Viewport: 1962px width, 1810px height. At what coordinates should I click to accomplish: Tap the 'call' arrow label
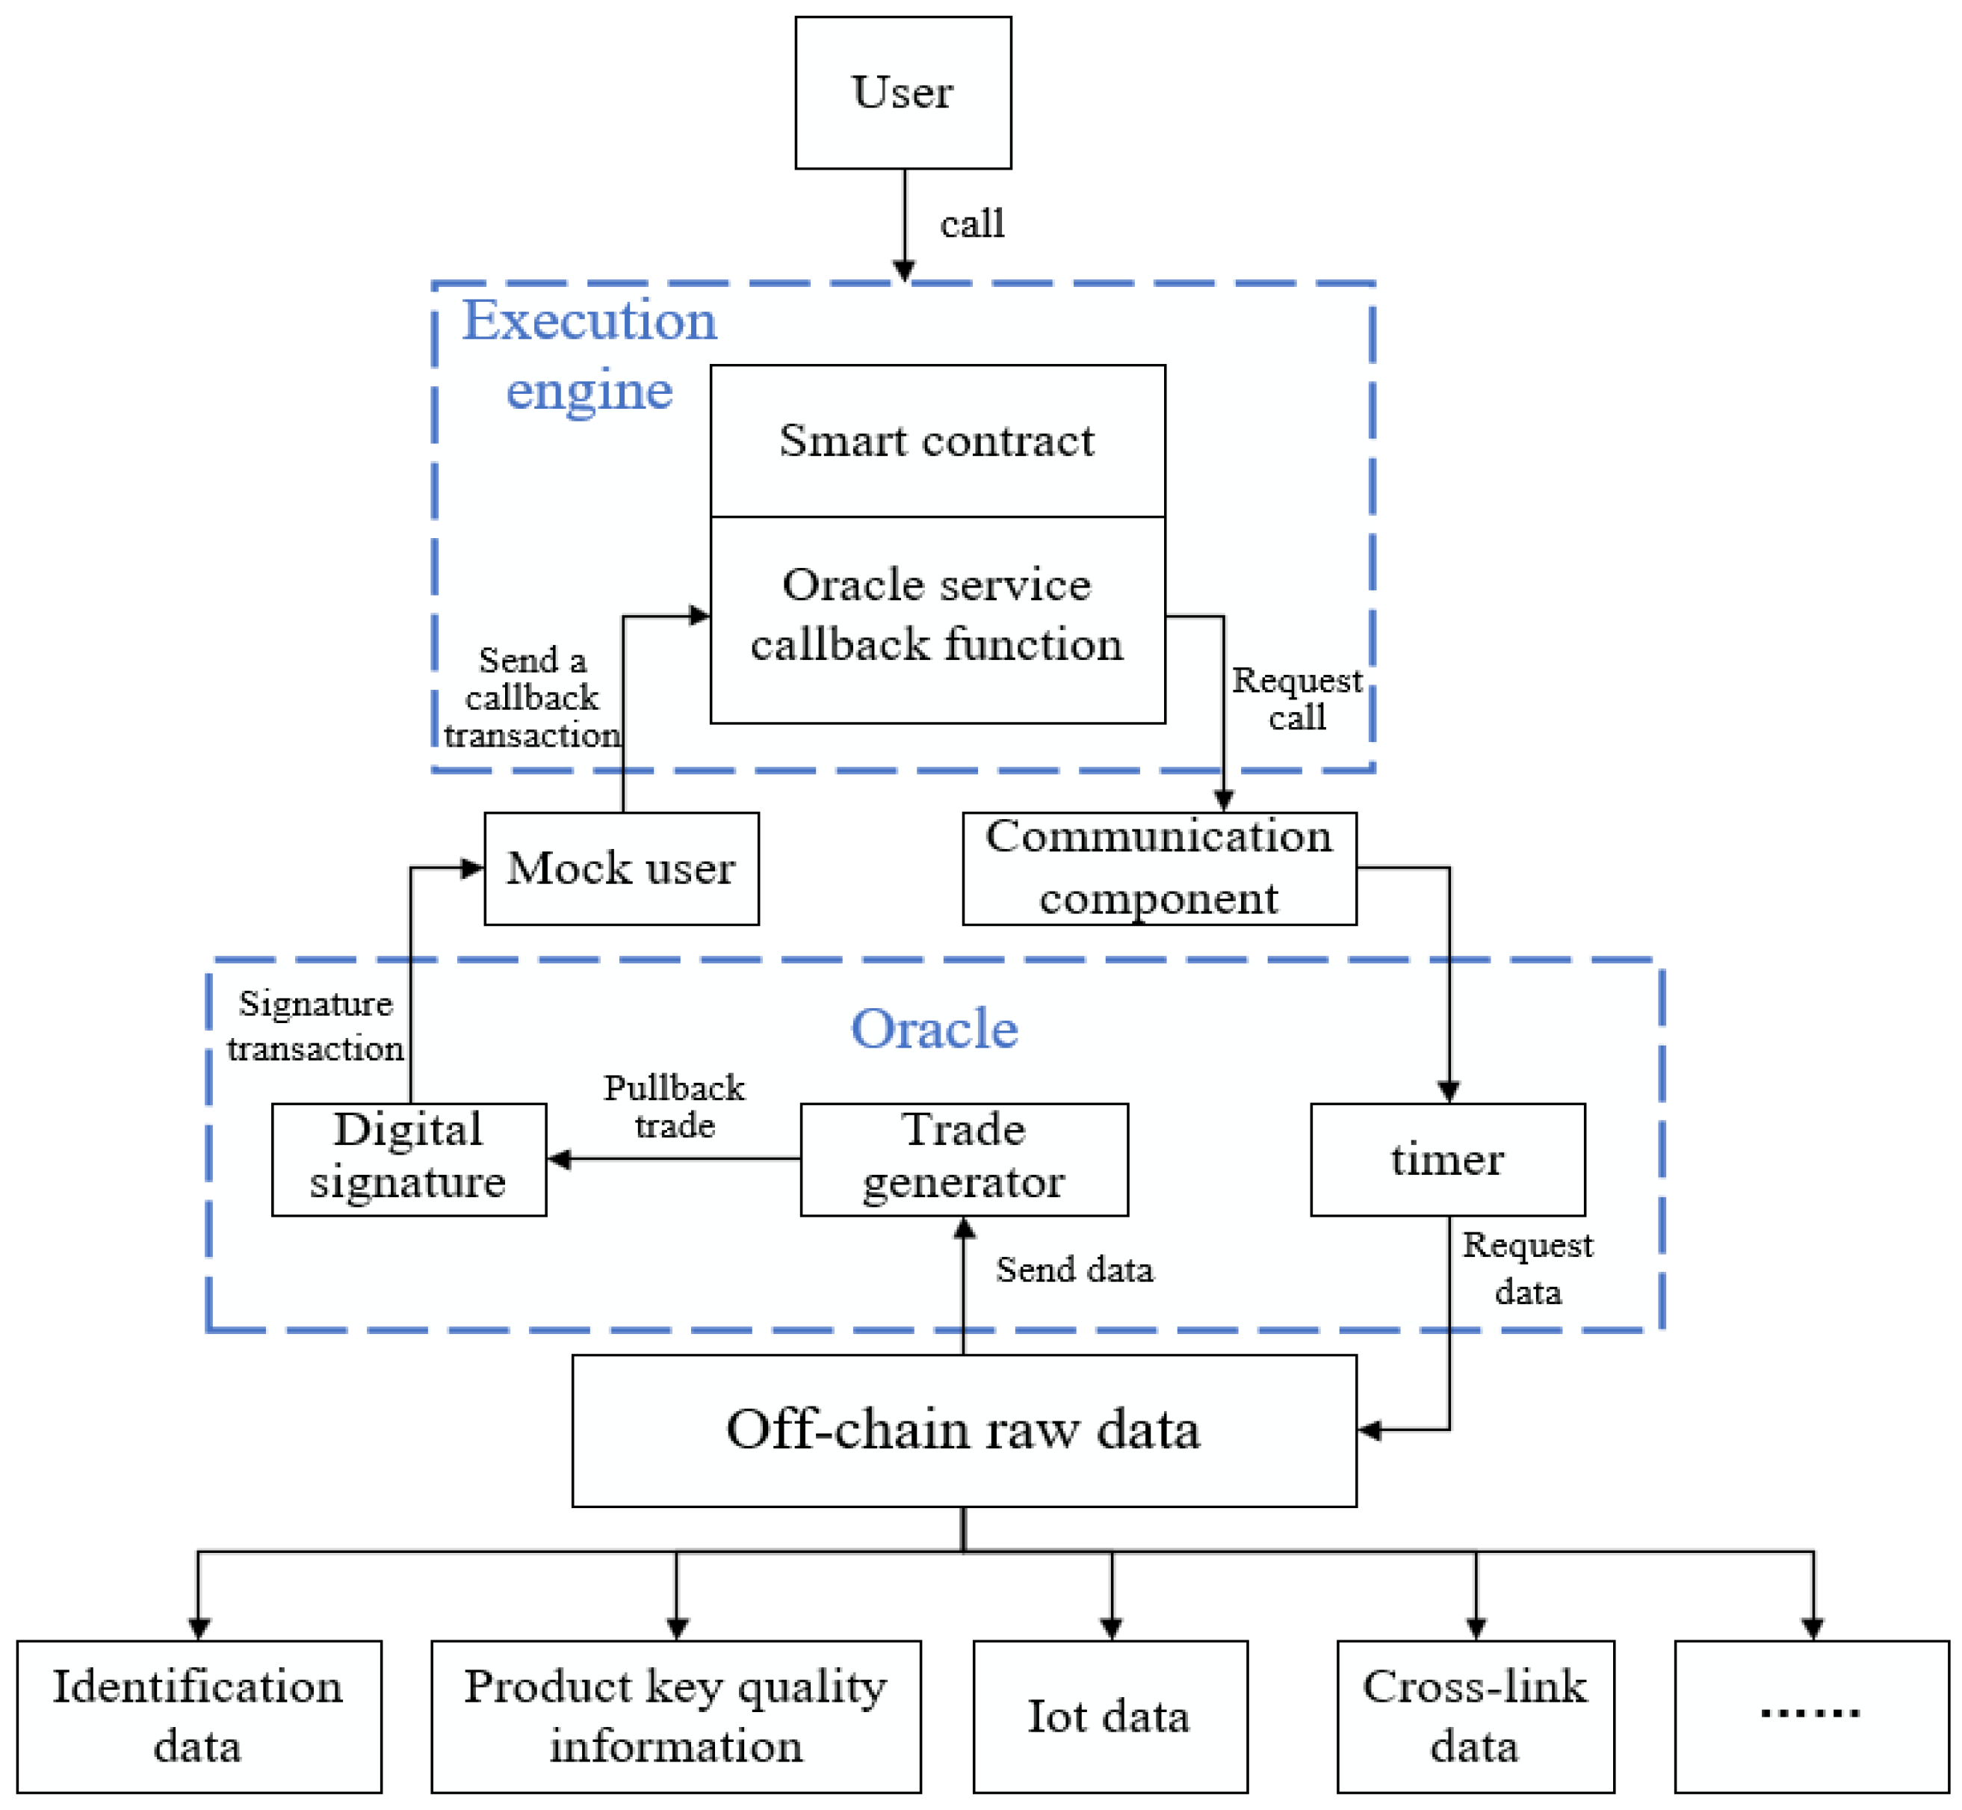971,224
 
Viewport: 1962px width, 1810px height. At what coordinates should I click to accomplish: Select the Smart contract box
937,441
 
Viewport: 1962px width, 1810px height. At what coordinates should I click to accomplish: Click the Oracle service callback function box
937,619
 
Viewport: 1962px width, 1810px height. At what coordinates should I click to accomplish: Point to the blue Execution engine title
589,354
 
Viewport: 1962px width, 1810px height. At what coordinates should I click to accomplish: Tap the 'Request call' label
1296,698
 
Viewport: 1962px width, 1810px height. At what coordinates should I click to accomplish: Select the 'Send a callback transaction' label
532,697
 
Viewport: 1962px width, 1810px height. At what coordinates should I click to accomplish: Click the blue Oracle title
934,1029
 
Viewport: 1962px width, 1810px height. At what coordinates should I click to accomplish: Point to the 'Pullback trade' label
674,1107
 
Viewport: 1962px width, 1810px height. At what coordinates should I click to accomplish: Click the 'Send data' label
1074,1270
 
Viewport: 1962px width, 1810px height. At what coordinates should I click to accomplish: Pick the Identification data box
199,1717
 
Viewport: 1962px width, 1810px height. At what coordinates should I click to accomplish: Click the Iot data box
1110,1717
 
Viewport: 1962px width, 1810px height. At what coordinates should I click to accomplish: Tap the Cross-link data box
1474,1717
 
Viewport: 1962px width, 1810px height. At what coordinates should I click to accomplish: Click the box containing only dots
1811,1717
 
